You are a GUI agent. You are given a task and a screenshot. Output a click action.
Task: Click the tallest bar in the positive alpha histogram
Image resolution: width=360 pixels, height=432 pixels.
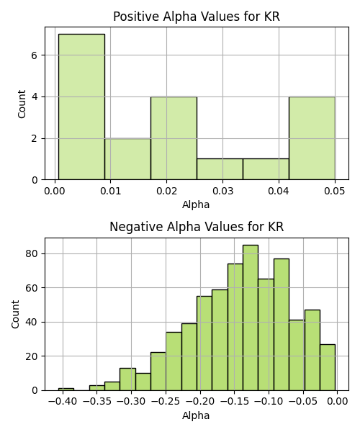tap(81, 107)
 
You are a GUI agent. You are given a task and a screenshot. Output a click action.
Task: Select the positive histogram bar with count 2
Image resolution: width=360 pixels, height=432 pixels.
tap(128, 159)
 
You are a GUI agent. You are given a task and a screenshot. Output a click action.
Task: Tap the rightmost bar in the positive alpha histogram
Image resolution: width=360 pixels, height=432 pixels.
tap(312, 138)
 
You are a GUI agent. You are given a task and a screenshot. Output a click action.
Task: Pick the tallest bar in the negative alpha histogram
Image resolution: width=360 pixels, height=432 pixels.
tap(251, 318)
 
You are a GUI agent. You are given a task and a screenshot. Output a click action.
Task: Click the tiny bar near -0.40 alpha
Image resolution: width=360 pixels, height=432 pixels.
tap(66, 390)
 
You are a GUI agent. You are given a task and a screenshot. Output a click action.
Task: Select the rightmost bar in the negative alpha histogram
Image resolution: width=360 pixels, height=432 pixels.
tap(328, 367)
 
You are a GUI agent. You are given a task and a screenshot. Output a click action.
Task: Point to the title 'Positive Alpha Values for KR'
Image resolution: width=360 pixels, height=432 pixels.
tap(197, 17)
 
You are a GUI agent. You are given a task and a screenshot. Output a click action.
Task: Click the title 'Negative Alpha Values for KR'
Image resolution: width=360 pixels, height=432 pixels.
tap(197, 227)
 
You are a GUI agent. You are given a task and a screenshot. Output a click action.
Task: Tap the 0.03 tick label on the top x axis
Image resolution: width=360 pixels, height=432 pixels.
tap(222, 191)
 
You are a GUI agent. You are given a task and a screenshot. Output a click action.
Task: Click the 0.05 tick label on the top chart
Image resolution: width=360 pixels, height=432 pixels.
tap(334, 191)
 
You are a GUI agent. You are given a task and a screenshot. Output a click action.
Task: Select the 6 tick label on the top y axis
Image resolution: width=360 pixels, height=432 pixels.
tap(34, 55)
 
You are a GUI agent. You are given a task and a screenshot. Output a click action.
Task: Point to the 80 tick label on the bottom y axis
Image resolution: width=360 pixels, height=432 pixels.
tap(31, 253)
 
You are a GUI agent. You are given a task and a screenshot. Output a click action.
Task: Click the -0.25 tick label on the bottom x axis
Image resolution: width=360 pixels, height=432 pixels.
tap(166, 402)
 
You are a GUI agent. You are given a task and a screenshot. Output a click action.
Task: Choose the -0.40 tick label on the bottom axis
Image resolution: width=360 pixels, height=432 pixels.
tap(63, 402)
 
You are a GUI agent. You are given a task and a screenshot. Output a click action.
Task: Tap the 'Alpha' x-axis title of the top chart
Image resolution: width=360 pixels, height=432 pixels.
tap(196, 204)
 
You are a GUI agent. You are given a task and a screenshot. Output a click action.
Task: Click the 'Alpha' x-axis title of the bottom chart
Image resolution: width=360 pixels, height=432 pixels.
tap(196, 415)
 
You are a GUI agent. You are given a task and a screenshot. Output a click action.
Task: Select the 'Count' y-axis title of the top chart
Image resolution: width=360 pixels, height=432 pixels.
tap(22, 104)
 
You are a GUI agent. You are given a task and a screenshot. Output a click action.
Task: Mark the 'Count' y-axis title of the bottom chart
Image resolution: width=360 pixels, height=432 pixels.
tap(15, 315)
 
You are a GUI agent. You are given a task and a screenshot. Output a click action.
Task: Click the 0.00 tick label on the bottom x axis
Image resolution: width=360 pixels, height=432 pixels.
tap(338, 402)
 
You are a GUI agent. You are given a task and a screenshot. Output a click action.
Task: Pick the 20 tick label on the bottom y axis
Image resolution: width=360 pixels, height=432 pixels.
tap(31, 356)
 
